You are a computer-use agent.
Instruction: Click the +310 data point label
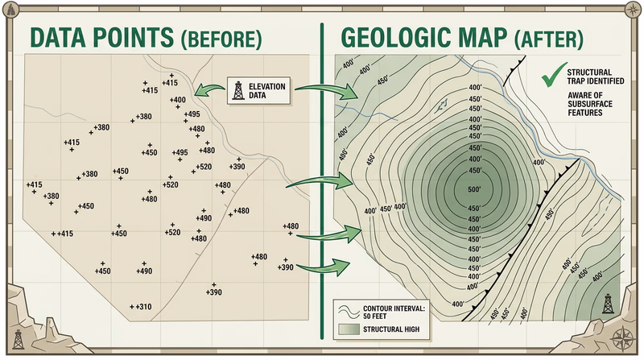[142, 307]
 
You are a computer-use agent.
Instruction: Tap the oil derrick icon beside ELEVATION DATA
[238, 91]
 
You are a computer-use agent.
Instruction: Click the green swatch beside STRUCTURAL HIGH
[349, 329]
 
